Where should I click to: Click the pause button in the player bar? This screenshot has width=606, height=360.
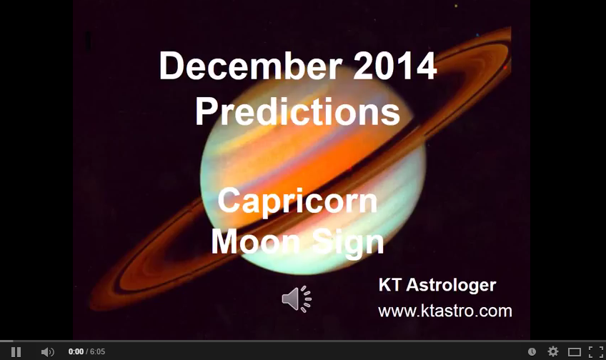[x=16, y=351]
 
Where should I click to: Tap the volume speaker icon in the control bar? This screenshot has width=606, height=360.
[x=47, y=351]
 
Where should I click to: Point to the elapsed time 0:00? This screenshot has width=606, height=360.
[x=76, y=352]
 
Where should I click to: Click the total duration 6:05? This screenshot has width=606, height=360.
[x=97, y=352]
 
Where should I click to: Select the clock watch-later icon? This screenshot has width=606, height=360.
[x=532, y=351]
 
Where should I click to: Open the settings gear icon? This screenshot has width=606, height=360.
[x=552, y=351]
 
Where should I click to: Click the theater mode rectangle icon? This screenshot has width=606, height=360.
[x=574, y=351]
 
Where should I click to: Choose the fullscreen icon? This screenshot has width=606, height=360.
[x=595, y=351]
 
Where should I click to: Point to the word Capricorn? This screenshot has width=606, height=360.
[x=297, y=201]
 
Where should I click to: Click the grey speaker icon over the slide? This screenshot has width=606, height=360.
[x=296, y=299]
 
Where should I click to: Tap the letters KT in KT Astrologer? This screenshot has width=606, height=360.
[x=390, y=286]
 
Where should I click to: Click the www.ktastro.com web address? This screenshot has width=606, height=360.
[x=444, y=311]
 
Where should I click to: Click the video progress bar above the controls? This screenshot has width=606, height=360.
[x=303, y=341]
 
